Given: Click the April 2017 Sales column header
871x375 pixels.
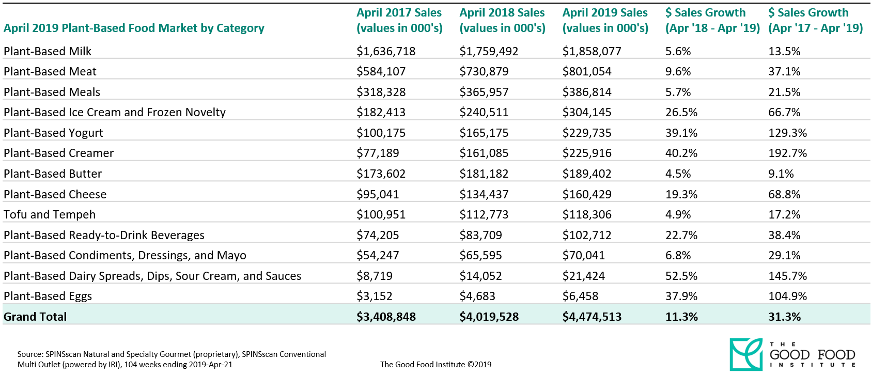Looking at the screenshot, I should [x=399, y=20].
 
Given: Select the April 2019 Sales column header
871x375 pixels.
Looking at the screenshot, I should [x=605, y=20].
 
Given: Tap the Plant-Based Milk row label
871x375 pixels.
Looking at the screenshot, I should [x=48, y=51].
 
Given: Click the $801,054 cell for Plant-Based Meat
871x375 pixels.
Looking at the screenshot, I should [x=587, y=71].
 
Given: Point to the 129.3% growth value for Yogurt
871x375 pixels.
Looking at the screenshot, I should [x=787, y=133].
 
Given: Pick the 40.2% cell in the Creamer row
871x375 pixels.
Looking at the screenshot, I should [x=681, y=153].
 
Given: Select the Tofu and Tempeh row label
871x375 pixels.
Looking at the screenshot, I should [x=50, y=214].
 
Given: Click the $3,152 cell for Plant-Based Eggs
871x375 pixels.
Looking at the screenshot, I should [x=374, y=296].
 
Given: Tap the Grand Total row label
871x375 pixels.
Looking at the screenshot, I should [x=35, y=317].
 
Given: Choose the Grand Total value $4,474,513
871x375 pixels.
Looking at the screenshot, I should [x=592, y=317].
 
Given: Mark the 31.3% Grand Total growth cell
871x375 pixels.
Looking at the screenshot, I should [x=784, y=317].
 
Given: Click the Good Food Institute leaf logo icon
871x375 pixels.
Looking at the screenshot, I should [x=745, y=354].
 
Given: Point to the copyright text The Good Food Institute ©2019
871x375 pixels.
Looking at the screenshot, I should [x=435, y=364].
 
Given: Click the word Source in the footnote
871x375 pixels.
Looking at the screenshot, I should [x=30, y=354].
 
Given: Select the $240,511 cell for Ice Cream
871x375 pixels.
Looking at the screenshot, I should [x=484, y=112].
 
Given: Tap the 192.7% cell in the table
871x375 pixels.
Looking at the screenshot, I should [x=787, y=153].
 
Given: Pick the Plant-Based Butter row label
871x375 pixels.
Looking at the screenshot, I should [x=53, y=174].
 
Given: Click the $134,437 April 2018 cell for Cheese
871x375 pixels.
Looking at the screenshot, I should [x=484, y=194].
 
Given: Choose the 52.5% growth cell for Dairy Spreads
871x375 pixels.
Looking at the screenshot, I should [x=681, y=276].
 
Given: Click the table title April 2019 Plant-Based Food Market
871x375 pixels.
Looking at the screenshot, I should [x=134, y=28].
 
